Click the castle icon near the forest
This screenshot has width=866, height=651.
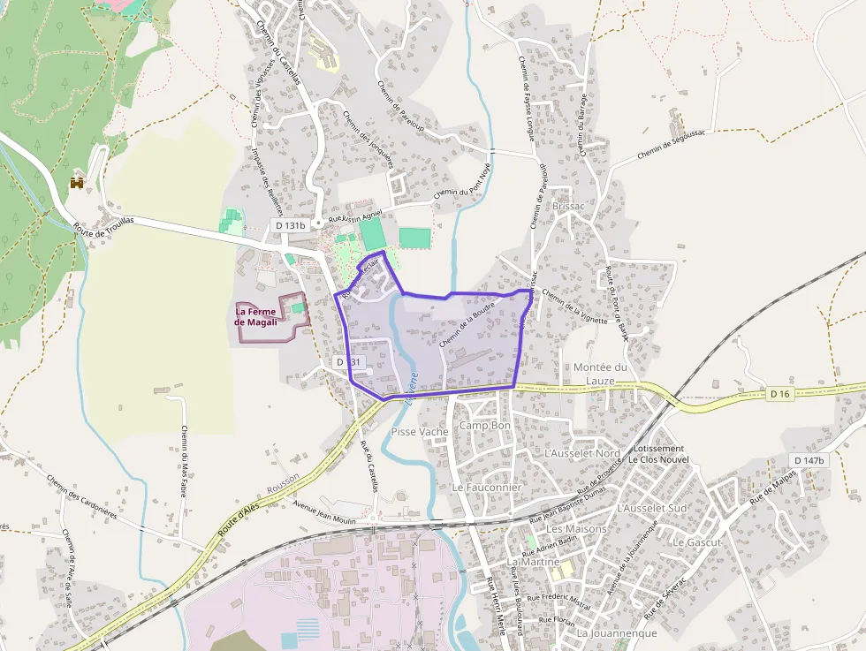(x=78, y=183)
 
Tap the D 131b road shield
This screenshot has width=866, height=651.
(x=290, y=226)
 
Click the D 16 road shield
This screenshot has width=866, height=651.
(x=779, y=393)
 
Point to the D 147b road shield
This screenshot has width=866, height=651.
(x=809, y=461)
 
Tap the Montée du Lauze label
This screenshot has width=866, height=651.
(x=600, y=374)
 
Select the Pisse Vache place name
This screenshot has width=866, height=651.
(x=420, y=431)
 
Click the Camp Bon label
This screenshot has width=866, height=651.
(x=485, y=426)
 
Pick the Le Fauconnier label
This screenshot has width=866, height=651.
(x=487, y=488)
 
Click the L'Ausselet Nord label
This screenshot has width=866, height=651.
(x=583, y=453)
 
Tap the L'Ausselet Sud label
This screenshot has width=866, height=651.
(x=652, y=508)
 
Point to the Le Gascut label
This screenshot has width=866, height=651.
(x=697, y=541)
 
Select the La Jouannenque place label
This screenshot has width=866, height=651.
(x=617, y=633)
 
